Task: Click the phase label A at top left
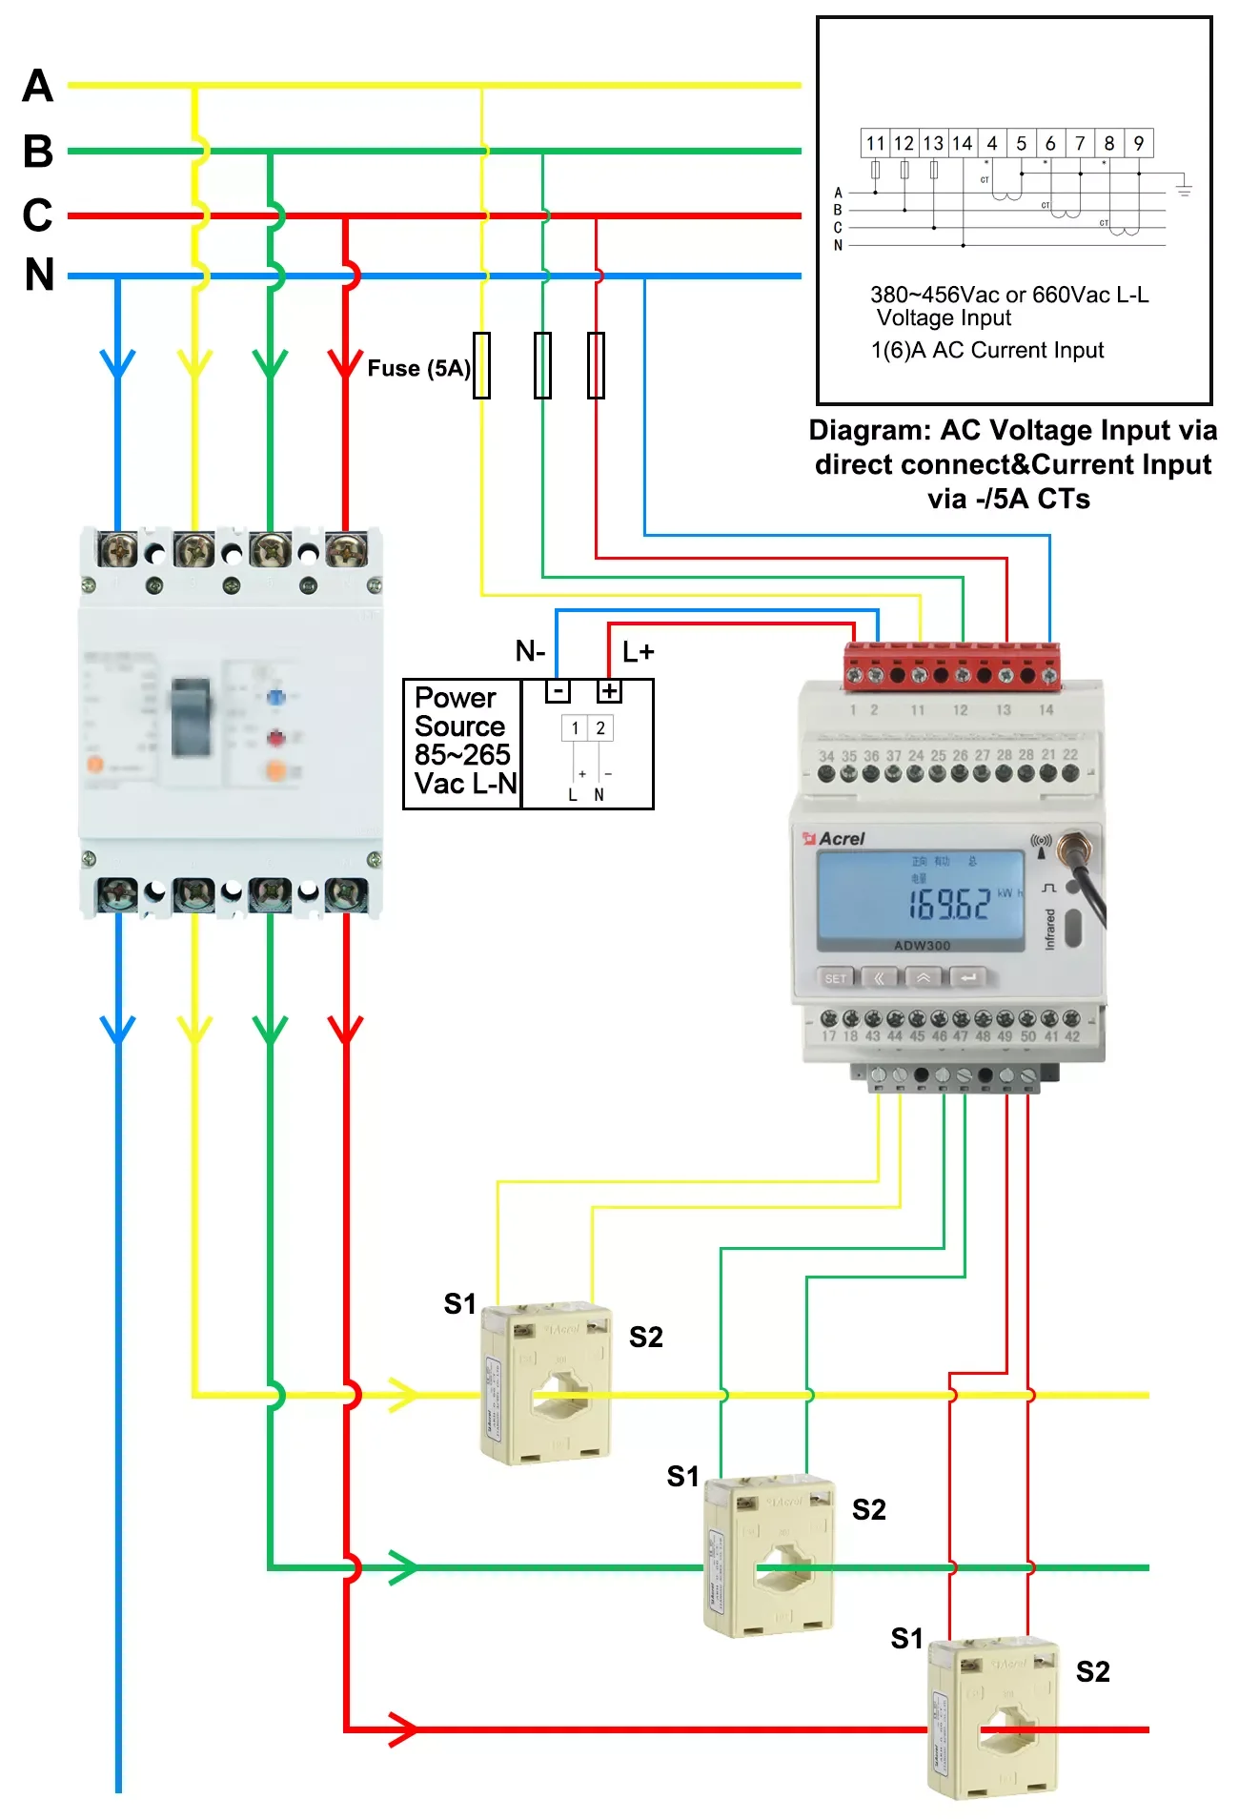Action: [x=38, y=86]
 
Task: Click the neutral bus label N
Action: [x=40, y=275]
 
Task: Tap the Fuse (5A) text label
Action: [x=418, y=369]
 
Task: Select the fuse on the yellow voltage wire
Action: [x=482, y=365]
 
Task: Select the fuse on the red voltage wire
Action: [x=596, y=365]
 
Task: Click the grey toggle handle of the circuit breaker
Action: [x=191, y=717]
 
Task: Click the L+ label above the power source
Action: [x=638, y=652]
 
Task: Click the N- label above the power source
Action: [x=530, y=651]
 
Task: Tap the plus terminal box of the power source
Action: [x=609, y=691]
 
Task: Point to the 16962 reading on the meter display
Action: [x=949, y=904]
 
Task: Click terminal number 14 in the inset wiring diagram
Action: [x=963, y=144]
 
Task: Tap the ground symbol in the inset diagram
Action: [x=1184, y=189]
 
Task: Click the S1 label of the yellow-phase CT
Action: [x=459, y=1303]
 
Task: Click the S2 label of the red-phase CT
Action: [x=1092, y=1671]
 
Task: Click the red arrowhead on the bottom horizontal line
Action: [x=403, y=1728]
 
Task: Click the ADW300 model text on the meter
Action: [x=922, y=946]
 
